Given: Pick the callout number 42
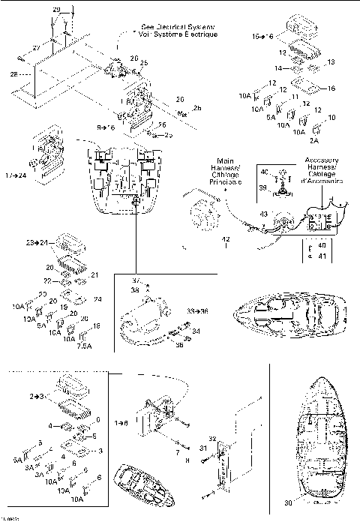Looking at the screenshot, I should pos(224,239).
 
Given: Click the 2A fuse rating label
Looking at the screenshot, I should pos(314,140).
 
